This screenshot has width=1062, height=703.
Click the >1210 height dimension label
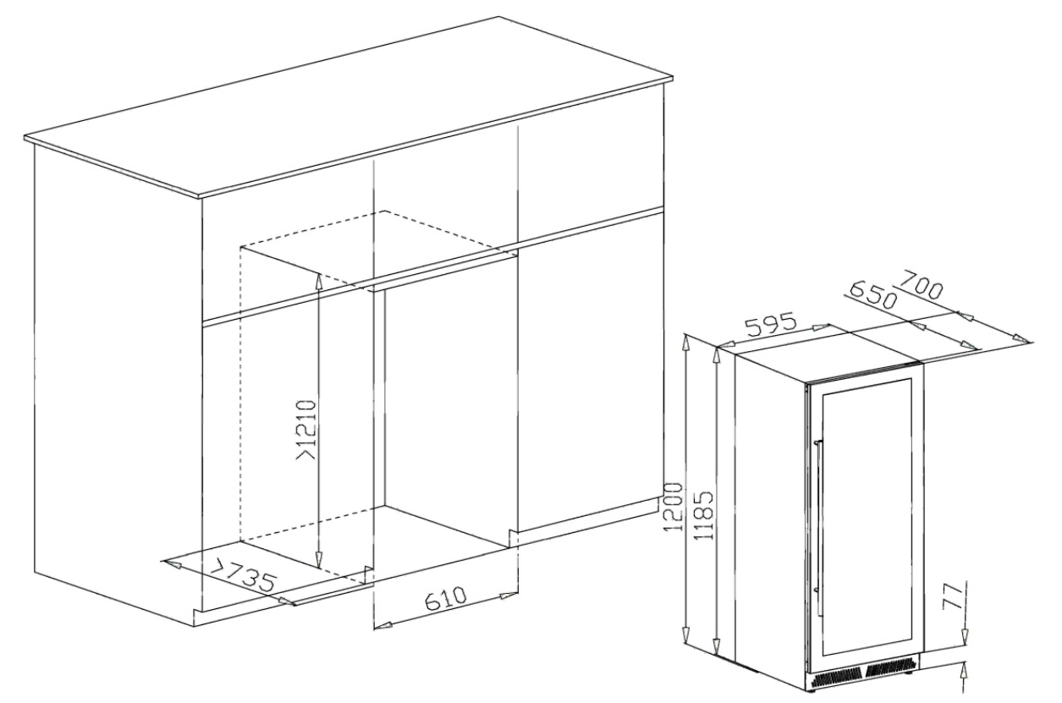click(306, 430)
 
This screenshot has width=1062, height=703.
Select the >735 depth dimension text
click(243, 575)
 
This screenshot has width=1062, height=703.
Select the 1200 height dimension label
click(673, 507)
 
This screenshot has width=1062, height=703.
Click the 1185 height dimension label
click(704, 515)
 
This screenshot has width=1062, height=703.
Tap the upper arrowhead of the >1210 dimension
click(319, 282)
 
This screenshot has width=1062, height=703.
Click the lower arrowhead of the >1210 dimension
click(319, 559)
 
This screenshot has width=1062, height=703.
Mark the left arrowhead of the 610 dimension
click(382, 626)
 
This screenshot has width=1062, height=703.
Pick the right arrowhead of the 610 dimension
click(509, 596)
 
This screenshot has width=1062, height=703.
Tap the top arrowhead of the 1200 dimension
click(686, 343)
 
